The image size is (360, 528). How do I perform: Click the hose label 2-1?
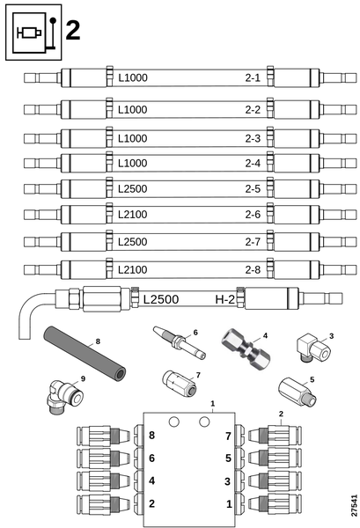253,77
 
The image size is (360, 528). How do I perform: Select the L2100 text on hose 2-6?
132,215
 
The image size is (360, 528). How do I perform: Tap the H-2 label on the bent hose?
224,299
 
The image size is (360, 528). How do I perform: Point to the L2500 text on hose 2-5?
132,189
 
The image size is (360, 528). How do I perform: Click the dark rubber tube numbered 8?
84,353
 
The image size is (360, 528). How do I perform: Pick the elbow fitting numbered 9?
64,397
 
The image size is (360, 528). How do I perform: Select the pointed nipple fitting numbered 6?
180,342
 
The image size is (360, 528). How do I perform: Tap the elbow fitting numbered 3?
313,348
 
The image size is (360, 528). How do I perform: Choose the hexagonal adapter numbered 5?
297,392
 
